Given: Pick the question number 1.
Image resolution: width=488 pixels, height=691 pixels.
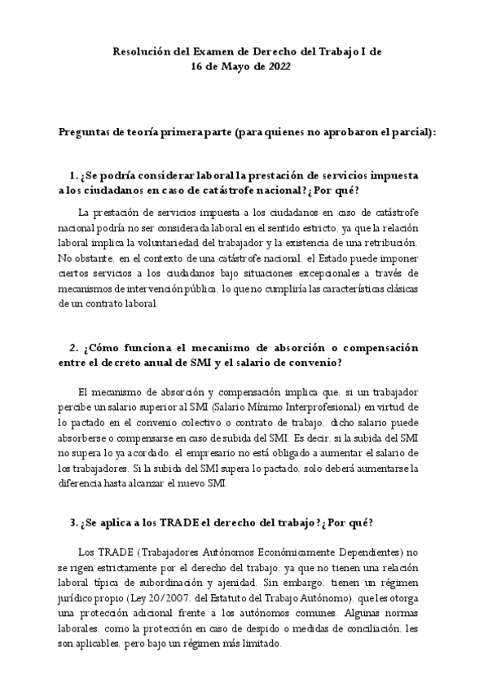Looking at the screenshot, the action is pos(73,176).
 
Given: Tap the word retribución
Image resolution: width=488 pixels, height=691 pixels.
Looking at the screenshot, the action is pos(385,244).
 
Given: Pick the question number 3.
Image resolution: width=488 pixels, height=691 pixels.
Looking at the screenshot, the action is pos(73,522).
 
